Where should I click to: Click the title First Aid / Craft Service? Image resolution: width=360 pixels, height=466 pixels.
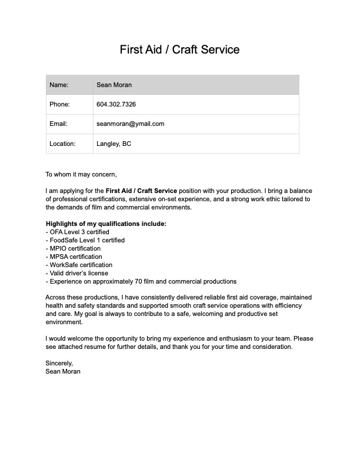tap(179, 49)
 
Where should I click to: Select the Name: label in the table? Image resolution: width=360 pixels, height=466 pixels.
tap(59, 85)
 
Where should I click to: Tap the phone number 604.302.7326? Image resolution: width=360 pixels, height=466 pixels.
tap(116, 104)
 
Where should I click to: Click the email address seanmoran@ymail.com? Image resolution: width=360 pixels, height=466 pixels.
tap(130, 124)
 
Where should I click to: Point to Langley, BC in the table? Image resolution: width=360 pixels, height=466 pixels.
tap(114, 144)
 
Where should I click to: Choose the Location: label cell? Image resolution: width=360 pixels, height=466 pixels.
tap(62, 144)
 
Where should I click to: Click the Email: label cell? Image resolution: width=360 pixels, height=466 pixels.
tap(58, 124)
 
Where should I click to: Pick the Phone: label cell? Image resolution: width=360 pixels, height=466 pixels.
tap(59, 104)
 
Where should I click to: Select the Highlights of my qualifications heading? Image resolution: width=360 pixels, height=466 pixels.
tap(106, 224)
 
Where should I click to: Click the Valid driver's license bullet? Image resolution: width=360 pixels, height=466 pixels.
tap(77, 273)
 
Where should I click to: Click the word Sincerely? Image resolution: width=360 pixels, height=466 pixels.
tap(59, 364)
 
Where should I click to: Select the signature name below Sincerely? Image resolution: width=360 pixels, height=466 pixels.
tap(63, 372)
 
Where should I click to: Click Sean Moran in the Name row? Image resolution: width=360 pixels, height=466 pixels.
tap(114, 85)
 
